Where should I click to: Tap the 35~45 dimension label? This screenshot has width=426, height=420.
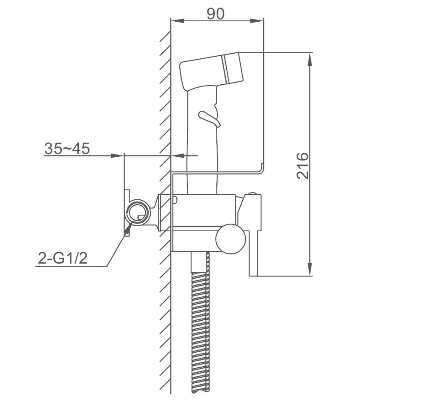(67, 149)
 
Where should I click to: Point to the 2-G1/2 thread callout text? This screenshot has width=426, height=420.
(63, 259)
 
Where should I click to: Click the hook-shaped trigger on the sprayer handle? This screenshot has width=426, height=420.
(209, 118)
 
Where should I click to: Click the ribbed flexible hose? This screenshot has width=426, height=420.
(201, 324)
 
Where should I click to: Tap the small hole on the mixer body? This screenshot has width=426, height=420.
(175, 199)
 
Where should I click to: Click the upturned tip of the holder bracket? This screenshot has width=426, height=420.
(263, 168)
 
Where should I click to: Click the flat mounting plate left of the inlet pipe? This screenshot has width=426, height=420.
(126, 212)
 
